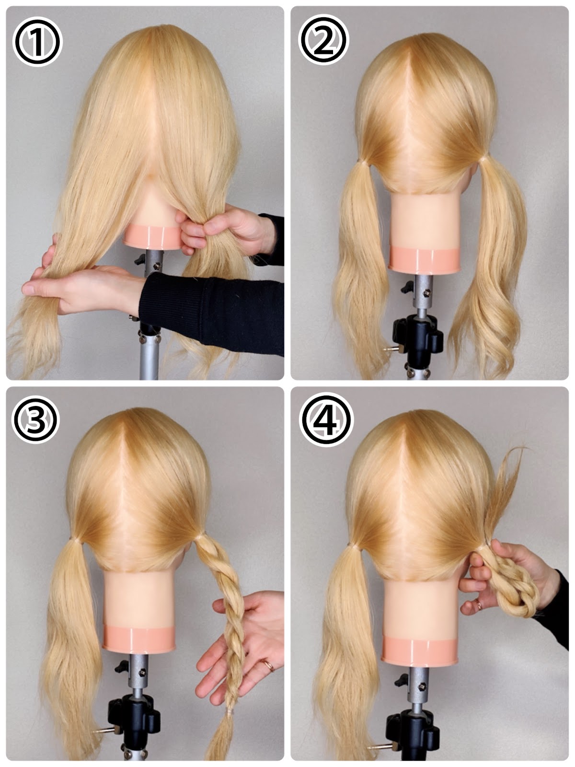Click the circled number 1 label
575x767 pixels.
[37, 42]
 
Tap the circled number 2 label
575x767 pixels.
[323, 39]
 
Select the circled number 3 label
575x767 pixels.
[35, 419]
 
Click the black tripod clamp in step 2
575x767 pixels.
[417, 339]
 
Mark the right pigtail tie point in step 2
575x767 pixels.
[483, 159]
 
